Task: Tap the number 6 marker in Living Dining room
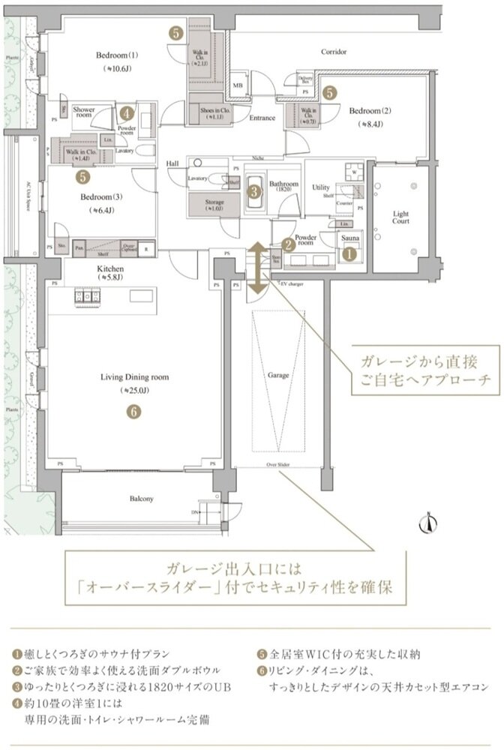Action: click(133, 411)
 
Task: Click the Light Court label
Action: click(401, 217)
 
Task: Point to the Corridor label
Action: click(334, 52)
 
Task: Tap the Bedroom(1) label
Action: click(118, 55)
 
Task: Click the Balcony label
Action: click(141, 499)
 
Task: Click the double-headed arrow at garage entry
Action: click(256, 268)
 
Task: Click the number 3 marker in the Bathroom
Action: click(255, 192)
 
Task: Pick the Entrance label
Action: click(262, 118)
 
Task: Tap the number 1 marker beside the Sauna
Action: click(349, 254)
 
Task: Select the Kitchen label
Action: click(110, 268)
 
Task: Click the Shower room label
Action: click(84, 113)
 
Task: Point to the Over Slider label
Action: click(277, 465)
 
